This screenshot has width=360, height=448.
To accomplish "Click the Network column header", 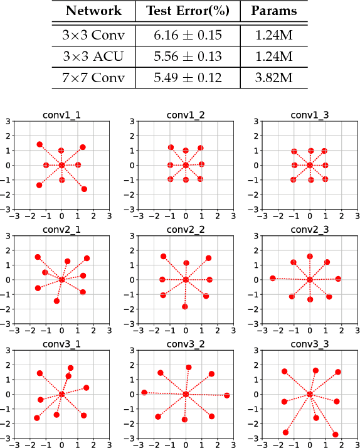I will pyautogui.click(x=95, y=11).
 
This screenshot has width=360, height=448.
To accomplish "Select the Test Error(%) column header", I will pyautogui.click(x=188, y=11).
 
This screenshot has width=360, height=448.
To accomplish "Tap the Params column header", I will pyautogui.click(x=274, y=11).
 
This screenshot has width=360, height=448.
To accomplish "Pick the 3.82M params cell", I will pyautogui.click(x=274, y=79).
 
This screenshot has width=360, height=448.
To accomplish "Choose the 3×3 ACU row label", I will pyautogui.click(x=95, y=56).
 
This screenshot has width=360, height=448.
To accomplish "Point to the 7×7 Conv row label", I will pyautogui.click(x=95, y=79).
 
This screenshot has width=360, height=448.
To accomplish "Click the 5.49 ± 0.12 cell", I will pyautogui.click(x=188, y=79).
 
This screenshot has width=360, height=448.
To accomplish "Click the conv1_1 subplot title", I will pyautogui.click(x=61, y=115).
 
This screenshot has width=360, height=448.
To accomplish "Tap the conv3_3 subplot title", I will pyautogui.click(x=310, y=344).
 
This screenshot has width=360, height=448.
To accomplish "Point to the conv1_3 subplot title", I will pyautogui.click(x=310, y=115).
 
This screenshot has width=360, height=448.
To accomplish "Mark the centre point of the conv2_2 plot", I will pyautogui.click(x=186, y=279).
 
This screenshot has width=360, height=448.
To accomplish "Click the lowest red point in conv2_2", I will pyautogui.click(x=185, y=307).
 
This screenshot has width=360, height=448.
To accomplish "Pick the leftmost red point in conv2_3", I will pyautogui.click(x=273, y=278).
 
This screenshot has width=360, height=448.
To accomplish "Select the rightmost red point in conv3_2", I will pyautogui.click(x=226, y=395).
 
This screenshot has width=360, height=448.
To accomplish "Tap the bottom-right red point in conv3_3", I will pyautogui.click(x=336, y=434).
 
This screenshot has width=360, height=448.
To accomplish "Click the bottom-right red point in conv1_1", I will pyautogui.click(x=84, y=189).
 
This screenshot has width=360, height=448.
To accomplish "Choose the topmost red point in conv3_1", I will pyautogui.click(x=70, y=368).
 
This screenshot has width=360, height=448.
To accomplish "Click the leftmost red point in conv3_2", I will pyautogui.click(x=144, y=392).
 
